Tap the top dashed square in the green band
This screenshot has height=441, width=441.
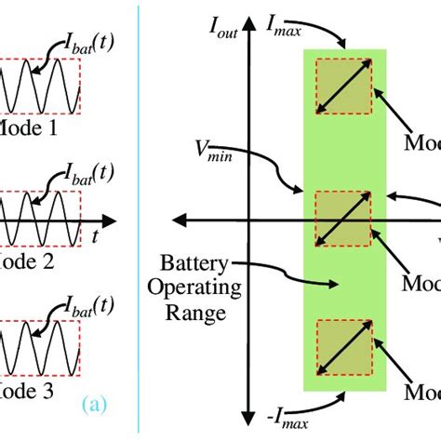343,88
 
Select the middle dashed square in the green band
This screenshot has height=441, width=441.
343,220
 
